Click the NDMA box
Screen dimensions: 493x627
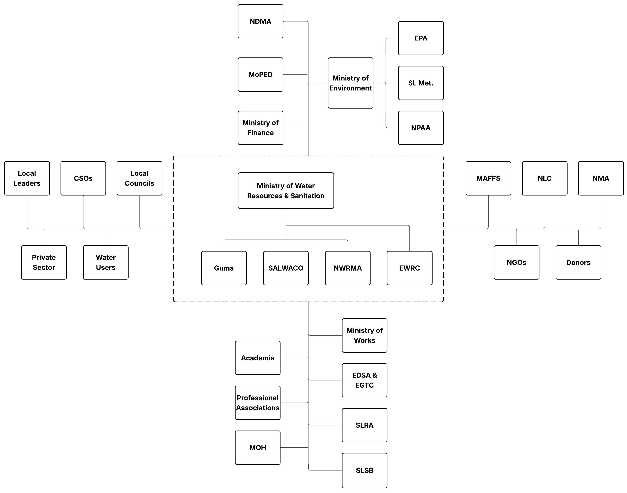point(260,21)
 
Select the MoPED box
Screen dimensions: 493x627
point(260,74)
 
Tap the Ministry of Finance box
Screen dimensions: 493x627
point(260,128)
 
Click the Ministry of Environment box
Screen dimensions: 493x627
point(350,83)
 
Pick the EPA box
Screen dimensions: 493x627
point(421,38)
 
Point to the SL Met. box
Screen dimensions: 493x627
point(421,83)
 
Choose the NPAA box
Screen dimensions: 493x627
point(421,128)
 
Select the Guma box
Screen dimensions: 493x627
point(224,268)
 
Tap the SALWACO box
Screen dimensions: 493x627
point(286,268)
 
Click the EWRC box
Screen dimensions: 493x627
point(409,268)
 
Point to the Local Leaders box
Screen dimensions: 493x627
point(27,178)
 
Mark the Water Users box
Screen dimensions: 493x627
point(106,262)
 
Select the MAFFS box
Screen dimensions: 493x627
point(488,178)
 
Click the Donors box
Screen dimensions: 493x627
point(578,262)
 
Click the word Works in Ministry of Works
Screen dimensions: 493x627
point(365,341)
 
